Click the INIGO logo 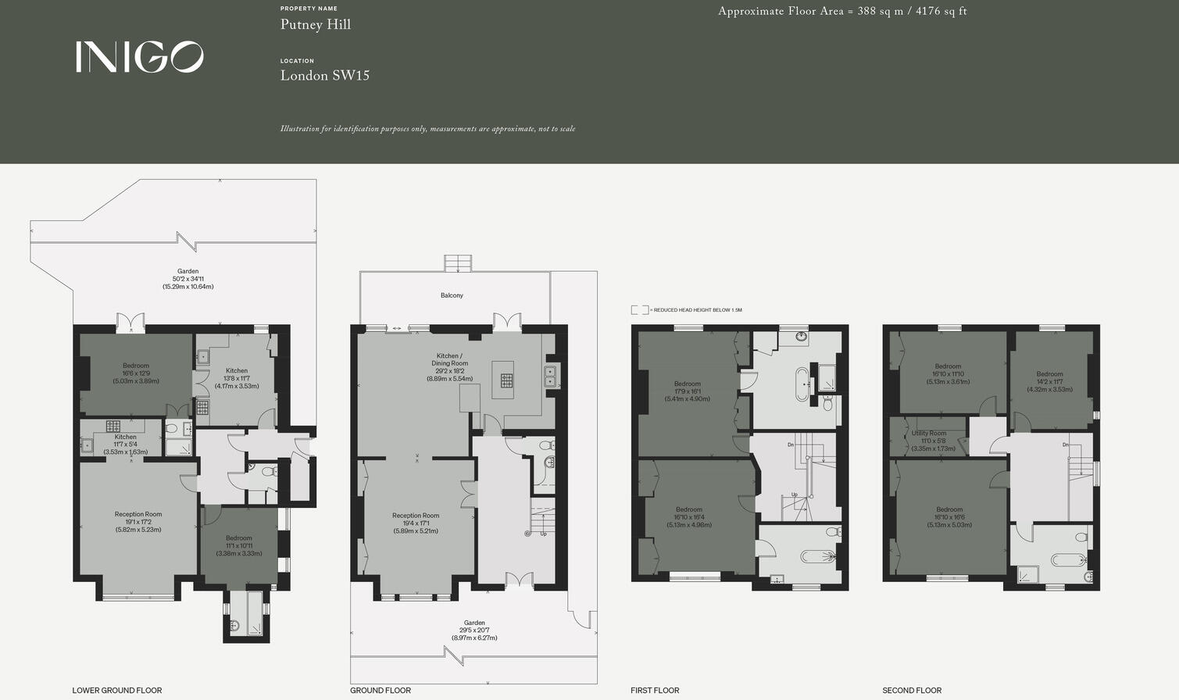pyautogui.click(x=140, y=57)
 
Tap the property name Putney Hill pyautogui.click(x=316, y=24)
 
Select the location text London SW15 pyautogui.click(x=325, y=76)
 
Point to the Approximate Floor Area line pyautogui.click(x=842, y=12)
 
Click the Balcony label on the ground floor pyautogui.click(x=452, y=295)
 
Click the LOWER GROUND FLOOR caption pyautogui.click(x=117, y=691)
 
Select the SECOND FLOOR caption pyautogui.click(x=912, y=691)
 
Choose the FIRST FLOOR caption pyautogui.click(x=655, y=691)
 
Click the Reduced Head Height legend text pyautogui.click(x=697, y=310)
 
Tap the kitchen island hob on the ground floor pyautogui.click(x=506, y=381)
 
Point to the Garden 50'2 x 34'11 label pyautogui.click(x=188, y=279)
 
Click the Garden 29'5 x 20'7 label pyautogui.click(x=474, y=630)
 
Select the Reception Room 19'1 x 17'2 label pyautogui.click(x=138, y=522)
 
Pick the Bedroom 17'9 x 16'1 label pyautogui.click(x=688, y=391)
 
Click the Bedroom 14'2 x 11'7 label pyautogui.click(x=1049, y=381)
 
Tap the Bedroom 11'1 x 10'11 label pyautogui.click(x=239, y=545)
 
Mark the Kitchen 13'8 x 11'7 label pyautogui.click(x=237, y=378)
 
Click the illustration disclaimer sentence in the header pyautogui.click(x=427, y=129)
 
